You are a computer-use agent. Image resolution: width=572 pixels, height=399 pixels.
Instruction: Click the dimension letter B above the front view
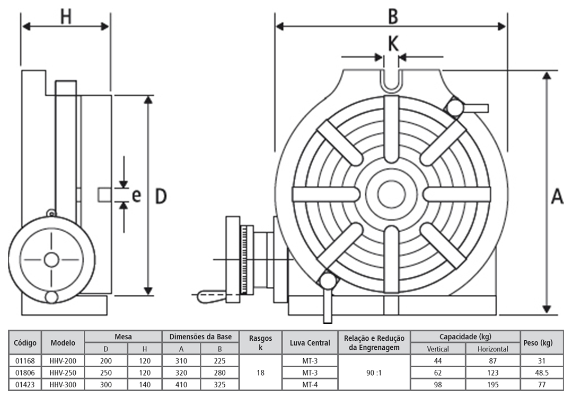point(392,16)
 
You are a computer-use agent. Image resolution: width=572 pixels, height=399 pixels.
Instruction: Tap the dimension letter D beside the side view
point(161,196)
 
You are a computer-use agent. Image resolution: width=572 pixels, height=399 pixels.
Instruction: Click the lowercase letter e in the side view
point(136,195)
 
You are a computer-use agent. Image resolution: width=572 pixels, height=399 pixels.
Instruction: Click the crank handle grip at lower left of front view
point(210,296)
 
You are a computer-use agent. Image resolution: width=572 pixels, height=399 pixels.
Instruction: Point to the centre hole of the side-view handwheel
point(51,260)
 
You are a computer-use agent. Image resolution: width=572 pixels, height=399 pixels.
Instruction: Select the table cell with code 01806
point(25,373)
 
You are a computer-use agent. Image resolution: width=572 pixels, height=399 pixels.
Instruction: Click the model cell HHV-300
point(63,384)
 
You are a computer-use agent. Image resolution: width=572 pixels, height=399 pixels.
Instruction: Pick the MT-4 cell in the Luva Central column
point(310,384)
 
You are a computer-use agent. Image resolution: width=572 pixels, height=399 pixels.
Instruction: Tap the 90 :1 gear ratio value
point(374,373)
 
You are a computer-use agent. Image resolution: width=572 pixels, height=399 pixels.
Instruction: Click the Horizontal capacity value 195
point(492,384)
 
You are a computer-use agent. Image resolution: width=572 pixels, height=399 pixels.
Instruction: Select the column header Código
point(25,342)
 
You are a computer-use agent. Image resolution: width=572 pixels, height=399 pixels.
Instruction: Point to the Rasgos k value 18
point(260,373)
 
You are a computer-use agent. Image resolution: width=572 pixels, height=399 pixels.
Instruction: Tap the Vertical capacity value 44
point(437,361)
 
